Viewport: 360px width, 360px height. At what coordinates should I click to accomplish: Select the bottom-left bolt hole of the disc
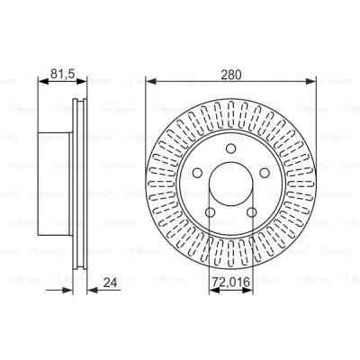tap(210, 213)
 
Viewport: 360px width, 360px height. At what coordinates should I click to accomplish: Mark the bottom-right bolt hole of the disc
tap(253, 213)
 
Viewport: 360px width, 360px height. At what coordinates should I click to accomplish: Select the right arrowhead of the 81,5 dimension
tap(87, 81)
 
